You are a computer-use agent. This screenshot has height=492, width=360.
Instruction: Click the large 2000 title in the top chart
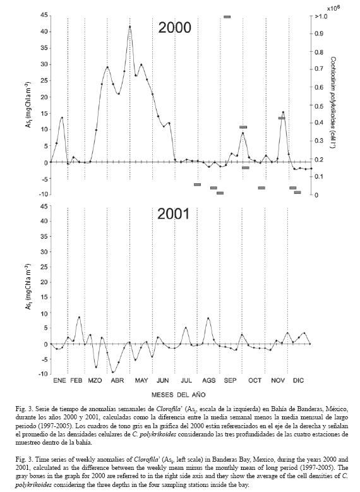tap(174, 28)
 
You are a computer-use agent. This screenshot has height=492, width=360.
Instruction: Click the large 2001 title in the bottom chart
tap(174, 214)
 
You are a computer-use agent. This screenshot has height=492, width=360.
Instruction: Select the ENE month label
tap(59, 381)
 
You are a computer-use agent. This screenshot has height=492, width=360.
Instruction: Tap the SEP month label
tap(230, 381)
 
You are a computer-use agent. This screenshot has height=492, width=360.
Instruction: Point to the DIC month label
tap(299, 381)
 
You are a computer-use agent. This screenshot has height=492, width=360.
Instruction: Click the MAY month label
tap(141, 381)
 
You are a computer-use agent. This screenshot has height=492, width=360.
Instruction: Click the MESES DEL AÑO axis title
tap(179, 394)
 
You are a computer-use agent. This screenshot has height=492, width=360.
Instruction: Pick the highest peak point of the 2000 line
tap(130, 27)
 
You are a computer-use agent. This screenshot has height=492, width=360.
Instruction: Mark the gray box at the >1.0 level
tap(227, 16)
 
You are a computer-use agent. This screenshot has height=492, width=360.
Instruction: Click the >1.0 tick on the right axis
tap(321, 16)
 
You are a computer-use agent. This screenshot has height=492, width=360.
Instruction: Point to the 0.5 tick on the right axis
tap(319, 105)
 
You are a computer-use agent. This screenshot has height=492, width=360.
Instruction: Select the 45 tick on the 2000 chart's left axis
tap(44, 15)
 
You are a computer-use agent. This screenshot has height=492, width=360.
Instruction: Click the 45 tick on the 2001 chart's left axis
tap(44, 206)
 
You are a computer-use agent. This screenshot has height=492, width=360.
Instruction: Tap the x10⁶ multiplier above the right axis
tap(333, 8)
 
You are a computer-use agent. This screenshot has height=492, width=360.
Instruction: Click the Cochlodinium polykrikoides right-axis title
tap(333, 102)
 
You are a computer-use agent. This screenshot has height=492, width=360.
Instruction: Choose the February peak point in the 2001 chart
tap(79, 317)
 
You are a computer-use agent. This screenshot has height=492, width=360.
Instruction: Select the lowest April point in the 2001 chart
tap(112, 372)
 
